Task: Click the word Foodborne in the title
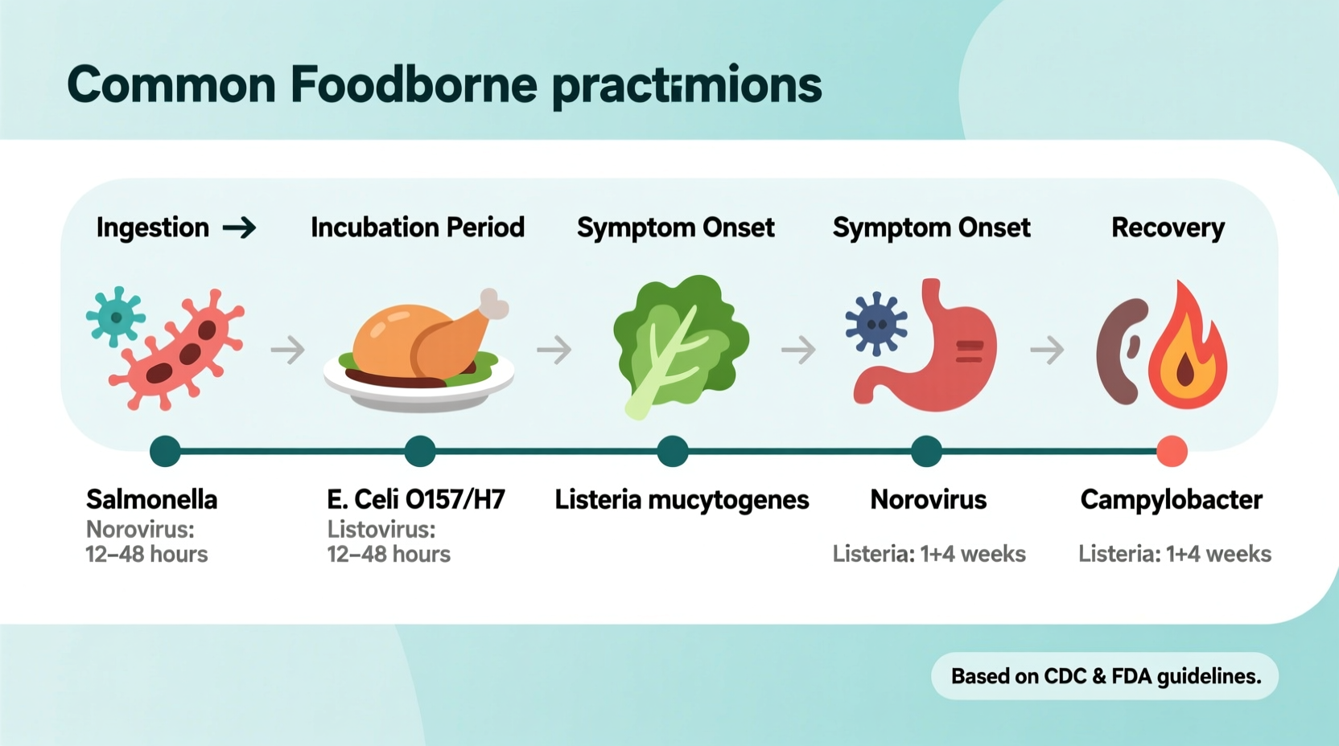click(413, 85)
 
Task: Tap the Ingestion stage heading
click(153, 227)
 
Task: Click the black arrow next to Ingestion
click(239, 228)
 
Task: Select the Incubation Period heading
click(417, 227)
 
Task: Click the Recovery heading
click(1167, 227)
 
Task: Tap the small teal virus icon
click(116, 317)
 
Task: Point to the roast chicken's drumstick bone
click(493, 305)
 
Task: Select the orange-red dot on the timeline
click(1171, 451)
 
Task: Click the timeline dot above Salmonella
click(165, 451)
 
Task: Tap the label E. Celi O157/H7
click(415, 499)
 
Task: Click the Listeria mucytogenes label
click(681, 499)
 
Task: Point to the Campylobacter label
click(1170, 499)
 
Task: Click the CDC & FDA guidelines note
click(1105, 676)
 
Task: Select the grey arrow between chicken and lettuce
click(554, 350)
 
